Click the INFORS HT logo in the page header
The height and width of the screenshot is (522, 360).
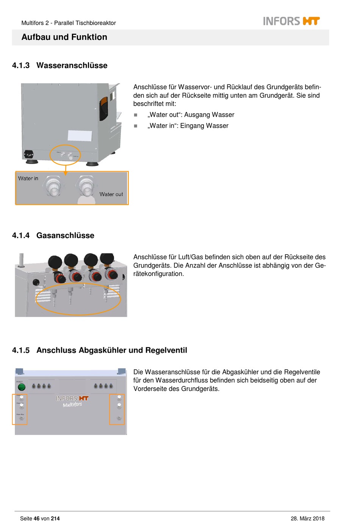click(291, 21)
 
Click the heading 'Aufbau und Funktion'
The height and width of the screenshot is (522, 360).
click(64, 37)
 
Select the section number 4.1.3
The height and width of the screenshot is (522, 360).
click(21, 66)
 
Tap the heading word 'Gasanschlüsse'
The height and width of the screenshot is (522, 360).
click(65, 236)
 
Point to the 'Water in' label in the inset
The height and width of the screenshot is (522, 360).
click(28, 178)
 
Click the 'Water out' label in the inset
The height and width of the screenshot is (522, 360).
click(111, 194)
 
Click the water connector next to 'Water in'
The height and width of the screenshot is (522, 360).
click(53, 186)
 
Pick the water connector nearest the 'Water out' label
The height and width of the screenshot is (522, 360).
click(86, 186)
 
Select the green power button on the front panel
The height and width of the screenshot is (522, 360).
click(22, 387)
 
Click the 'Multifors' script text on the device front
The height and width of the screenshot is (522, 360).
click(72, 405)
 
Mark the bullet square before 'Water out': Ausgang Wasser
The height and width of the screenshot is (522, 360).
click(136, 115)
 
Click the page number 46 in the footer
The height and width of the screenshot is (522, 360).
click(36, 519)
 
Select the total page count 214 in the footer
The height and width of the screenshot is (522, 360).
click(55, 519)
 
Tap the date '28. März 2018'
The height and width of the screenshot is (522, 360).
click(307, 519)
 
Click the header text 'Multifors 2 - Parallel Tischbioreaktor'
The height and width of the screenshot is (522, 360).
click(69, 23)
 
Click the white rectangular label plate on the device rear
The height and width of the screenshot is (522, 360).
click(80, 136)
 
